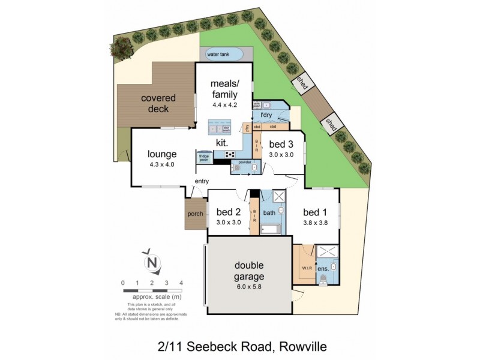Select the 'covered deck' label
click(155, 103)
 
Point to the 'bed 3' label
click(281, 144)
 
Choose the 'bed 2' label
click(228, 212)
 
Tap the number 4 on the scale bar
click(181, 283)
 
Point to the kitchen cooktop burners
click(230, 154)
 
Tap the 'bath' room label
click(269, 212)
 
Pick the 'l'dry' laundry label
click(266, 115)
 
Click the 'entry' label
click(202, 181)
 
